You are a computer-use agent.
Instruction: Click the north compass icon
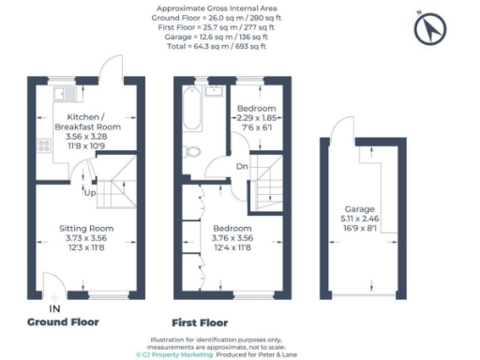tap(427, 31)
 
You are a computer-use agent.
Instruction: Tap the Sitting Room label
tap(86, 228)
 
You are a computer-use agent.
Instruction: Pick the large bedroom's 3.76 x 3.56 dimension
tap(232, 238)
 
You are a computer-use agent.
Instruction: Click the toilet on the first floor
tap(192, 149)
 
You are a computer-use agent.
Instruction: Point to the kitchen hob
tap(42, 146)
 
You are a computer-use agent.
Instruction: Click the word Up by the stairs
tap(90, 194)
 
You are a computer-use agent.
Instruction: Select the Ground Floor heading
tap(62, 322)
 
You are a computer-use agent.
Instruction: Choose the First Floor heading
tap(200, 322)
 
